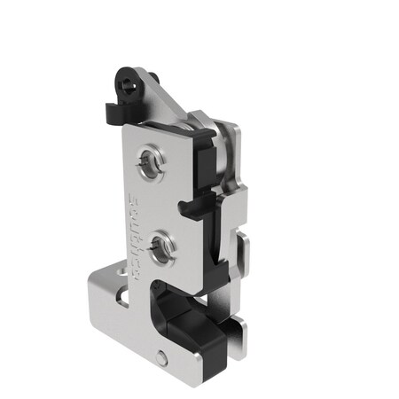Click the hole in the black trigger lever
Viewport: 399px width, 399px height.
[x=129, y=84]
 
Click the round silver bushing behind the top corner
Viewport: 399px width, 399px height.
[x=227, y=142]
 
